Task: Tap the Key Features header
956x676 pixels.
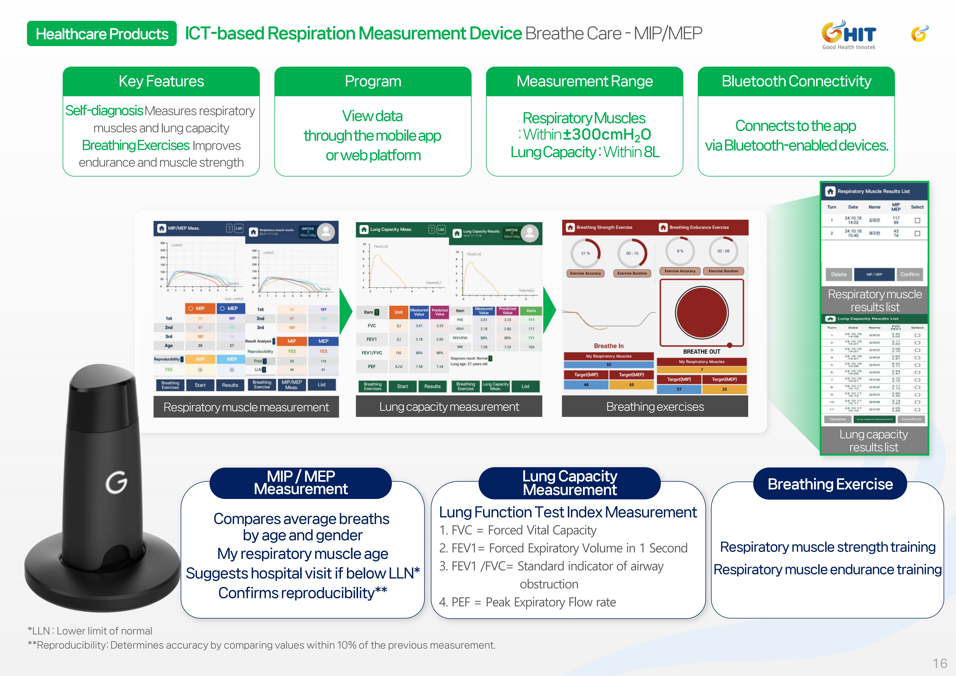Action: pyautogui.click(x=161, y=81)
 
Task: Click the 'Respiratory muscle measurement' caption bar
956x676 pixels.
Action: pyautogui.click(x=246, y=407)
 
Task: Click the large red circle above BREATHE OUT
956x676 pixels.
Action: pyautogui.click(x=702, y=312)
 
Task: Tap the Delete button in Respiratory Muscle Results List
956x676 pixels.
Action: pyautogui.click(x=839, y=274)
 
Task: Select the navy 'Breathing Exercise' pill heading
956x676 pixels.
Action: pyautogui.click(x=830, y=484)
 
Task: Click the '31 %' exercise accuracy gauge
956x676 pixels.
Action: pyautogui.click(x=585, y=253)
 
